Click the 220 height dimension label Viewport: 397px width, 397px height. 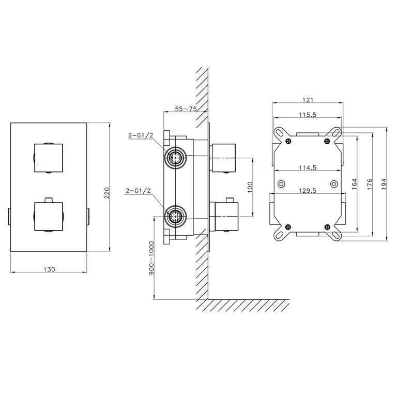click(x=107, y=193)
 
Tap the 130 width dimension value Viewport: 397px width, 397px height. click(x=49, y=269)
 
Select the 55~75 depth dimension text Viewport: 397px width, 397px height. click(x=186, y=109)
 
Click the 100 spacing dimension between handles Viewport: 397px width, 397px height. click(x=250, y=187)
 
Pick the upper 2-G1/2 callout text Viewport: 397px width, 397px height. click(x=141, y=135)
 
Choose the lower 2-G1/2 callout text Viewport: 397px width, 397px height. click(x=138, y=190)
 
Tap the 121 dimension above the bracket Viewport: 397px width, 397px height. click(x=308, y=100)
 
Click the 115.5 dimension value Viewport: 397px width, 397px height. click(x=308, y=114)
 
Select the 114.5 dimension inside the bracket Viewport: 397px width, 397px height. click(x=308, y=167)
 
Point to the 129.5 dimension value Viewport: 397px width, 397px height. click(x=308, y=190)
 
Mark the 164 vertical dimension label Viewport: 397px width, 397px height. click(x=354, y=184)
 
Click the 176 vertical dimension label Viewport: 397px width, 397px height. click(x=370, y=184)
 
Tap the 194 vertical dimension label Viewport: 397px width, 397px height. click(x=384, y=184)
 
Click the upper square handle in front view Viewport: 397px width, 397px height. click(x=48, y=158)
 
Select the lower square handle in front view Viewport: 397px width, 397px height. click(x=48, y=217)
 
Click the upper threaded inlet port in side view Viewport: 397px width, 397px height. click(x=175, y=158)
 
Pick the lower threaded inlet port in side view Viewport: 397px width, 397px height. click(x=175, y=217)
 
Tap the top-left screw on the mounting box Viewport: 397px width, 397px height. click(x=288, y=141)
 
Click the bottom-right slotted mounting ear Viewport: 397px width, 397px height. click(x=335, y=234)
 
